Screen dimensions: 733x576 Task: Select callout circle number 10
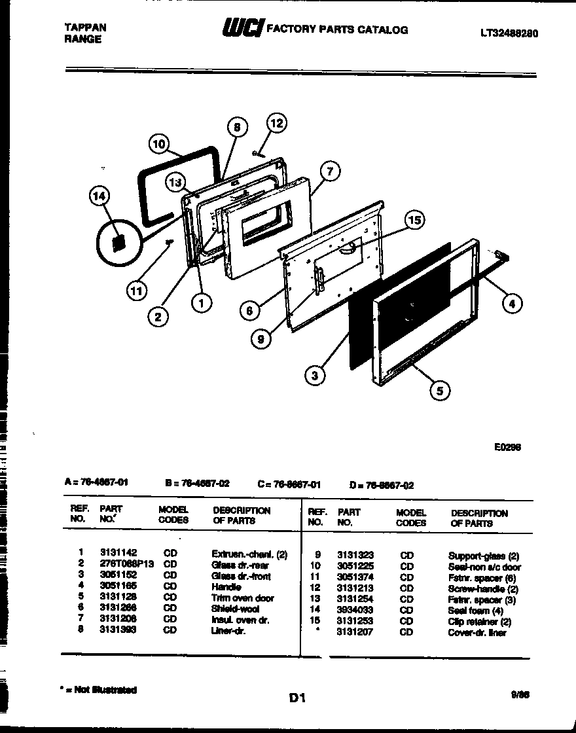[x=158, y=144]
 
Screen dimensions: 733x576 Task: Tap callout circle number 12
[x=277, y=123]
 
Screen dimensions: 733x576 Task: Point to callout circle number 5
[x=439, y=391]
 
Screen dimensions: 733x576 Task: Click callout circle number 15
[x=413, y=221]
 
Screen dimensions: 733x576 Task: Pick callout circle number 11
[x=137, y=291]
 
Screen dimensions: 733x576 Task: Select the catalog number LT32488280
[x=509, y=33]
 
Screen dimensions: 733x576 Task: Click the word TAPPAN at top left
[x=85, y=27]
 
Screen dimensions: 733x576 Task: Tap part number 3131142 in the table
[x=118, y=553]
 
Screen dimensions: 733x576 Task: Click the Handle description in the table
[x=226, y=587]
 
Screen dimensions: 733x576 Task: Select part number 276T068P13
[x=126, y=564]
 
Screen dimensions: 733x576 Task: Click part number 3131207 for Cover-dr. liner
[x=355, y=633]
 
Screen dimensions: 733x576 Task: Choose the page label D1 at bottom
[x=297, y=698]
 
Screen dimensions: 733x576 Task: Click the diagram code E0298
[x=508, y=448]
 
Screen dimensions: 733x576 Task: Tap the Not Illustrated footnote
[x=98, y=690]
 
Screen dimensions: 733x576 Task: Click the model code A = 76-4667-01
[x=96, y=483]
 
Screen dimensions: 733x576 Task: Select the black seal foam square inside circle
[x=118, y=243]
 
